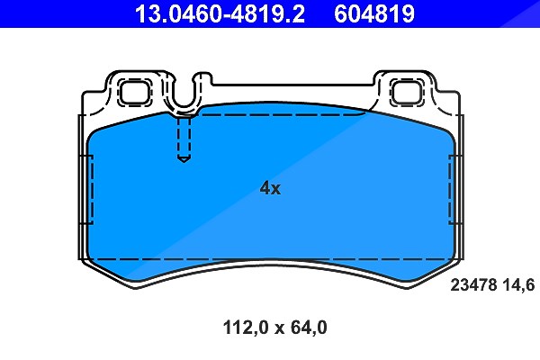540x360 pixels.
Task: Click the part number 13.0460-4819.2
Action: click(x=220, y=13)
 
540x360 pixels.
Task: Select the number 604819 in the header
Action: click(x=374, y=13)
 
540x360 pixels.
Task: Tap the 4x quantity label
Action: click(x=270, y=188)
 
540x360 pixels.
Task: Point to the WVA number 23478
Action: click(x=473, y=285)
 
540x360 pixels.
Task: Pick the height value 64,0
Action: click(x=309, y=328)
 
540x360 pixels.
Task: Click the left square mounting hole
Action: click(x=135, y=92)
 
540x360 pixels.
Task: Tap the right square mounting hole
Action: click(x=407, y=92)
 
